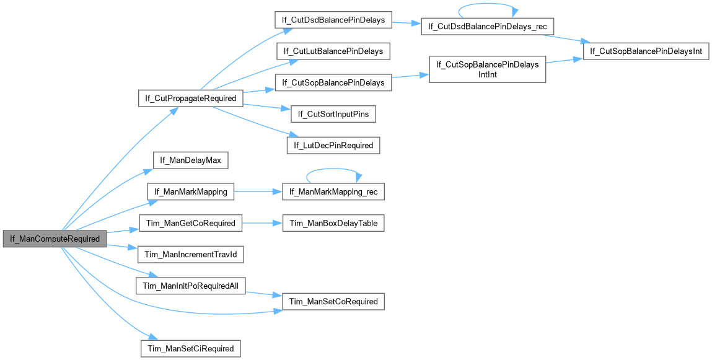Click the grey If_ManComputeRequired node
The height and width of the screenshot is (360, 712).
point(55,239)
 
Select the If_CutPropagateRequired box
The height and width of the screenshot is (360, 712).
point(190,98)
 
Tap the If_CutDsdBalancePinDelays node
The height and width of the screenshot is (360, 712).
point(333,20)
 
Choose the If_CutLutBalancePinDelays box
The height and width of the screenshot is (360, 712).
point(333,51)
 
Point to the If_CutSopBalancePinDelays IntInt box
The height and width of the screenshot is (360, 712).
point(488,69)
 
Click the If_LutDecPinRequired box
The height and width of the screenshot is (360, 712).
point(333,146)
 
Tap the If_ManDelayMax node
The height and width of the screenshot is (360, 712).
point(191,160)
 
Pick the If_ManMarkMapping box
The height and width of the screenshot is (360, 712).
point(191,192)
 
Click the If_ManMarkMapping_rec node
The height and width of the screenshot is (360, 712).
point(333,192)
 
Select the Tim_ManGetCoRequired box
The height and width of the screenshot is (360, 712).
point(190,223)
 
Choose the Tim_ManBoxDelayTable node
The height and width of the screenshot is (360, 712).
point(333,223)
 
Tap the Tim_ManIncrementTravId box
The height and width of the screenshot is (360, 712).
point(191,255)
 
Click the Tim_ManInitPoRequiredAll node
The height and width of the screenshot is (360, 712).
point(191,286)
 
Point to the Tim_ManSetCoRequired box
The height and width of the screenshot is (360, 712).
point(333,301)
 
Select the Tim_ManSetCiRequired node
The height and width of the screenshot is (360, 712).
point(191,348)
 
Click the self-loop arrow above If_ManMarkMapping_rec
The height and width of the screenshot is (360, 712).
point(333,175)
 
